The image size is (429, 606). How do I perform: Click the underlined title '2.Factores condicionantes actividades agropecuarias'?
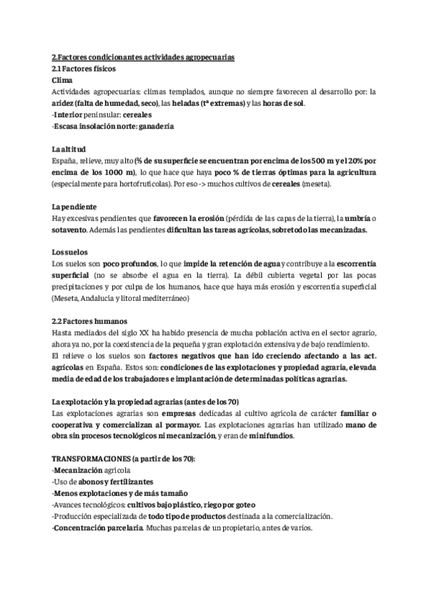pyautogui.click(x=143, y=58)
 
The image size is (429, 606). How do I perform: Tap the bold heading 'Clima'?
pyautogui.click(x=63, y=81)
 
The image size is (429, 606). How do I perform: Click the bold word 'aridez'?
pyautogui.click(x=64, y=104)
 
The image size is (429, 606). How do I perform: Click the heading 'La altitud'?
pyautogui.click(x=69, y=149)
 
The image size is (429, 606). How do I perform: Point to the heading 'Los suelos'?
pyautogui.click(x=69, y=253)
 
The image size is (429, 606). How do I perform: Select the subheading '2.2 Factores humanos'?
pyautogui.click(x=86, y=322)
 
